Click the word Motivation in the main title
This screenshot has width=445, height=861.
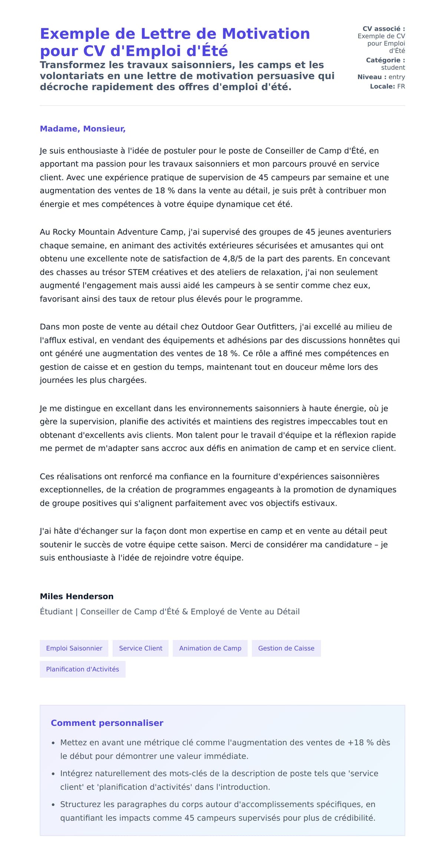coord(266,34)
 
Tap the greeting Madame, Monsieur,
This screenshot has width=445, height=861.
coord(83,129)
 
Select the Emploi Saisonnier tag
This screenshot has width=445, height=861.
coord(74,648)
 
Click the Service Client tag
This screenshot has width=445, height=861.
coord(141,648)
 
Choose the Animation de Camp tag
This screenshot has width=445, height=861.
coord(210,648)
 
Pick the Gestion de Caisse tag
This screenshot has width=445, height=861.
coord(286,648)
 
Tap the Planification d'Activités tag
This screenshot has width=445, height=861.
coord(82,669)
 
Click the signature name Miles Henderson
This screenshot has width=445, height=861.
coord(77,597)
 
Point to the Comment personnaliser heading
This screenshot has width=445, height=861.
coord(107,723)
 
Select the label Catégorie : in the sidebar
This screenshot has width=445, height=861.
coord(385,60)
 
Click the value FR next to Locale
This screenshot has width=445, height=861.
coord(401,86)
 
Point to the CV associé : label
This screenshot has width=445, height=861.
coord(383,29)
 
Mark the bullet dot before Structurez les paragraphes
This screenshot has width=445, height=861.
coord(53,805)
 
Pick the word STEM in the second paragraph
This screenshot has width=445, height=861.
coord(138,272)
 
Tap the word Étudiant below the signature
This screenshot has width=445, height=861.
coord(56,612)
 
